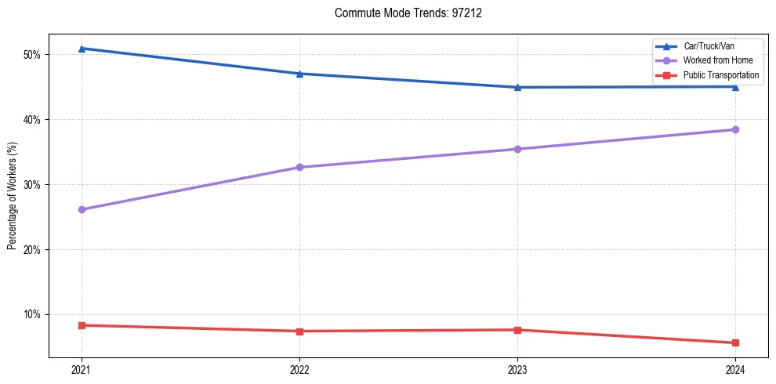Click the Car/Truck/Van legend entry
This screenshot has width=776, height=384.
pos(709,46)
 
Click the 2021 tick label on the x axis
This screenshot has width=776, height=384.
pos(82,370)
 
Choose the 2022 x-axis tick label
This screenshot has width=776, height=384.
pos(299,370)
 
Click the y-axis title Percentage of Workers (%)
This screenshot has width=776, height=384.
pos(13,195)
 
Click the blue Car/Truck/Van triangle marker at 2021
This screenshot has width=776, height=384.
pos(82,49)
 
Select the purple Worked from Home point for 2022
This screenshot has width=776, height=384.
pos(299,167)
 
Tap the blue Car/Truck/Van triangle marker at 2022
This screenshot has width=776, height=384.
pos(299,74)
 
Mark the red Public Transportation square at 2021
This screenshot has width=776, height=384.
pos(82,325)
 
